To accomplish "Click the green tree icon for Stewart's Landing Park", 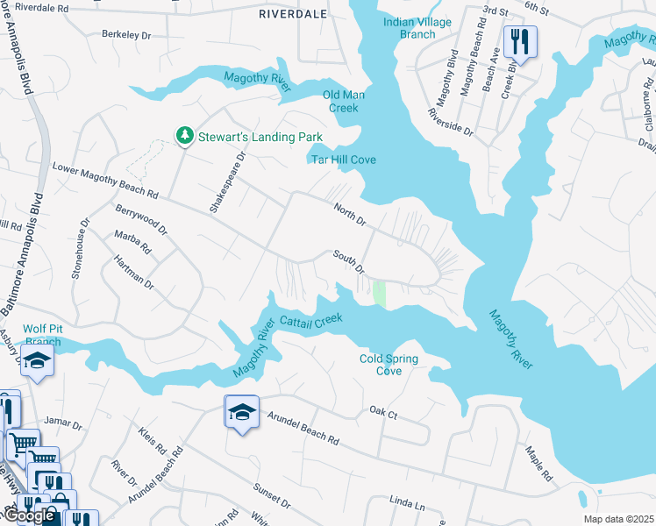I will pos(184,135).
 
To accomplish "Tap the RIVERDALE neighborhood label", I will pos(291,14).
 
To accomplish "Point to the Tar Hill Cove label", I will pos(343,159).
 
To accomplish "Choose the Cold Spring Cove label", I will pos(389,365).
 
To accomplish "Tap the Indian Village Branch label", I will pos(417,28).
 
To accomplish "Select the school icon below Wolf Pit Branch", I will pos(38,361).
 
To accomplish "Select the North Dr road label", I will pos(348,213).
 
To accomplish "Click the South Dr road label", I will pos(348,260).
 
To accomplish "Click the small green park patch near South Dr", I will pos(379,294).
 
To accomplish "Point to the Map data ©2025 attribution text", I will pos(618,519).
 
